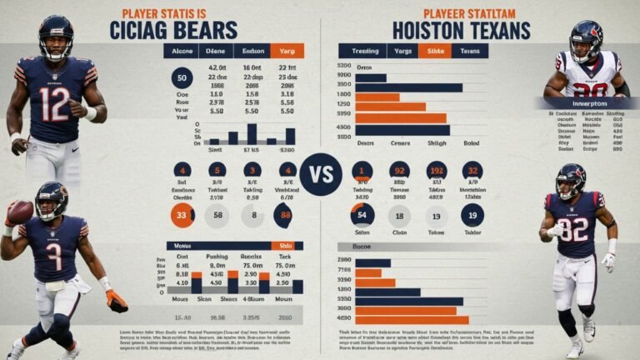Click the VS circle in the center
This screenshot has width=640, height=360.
click(x=321, y=174)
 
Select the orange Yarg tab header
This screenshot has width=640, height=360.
click(x=287, y=51)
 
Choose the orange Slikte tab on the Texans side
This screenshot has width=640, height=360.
click(x=434, y=51)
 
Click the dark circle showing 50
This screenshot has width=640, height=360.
click(x=182, y=80)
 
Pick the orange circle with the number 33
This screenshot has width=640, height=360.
click(x=182, y=215)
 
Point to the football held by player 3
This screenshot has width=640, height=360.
click(x=20, y=212)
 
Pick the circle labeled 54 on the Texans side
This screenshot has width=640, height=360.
click(x=362, y=216)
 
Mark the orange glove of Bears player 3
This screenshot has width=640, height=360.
click(x=117, y=301)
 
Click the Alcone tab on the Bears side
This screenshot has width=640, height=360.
click(x=182, y=51)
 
